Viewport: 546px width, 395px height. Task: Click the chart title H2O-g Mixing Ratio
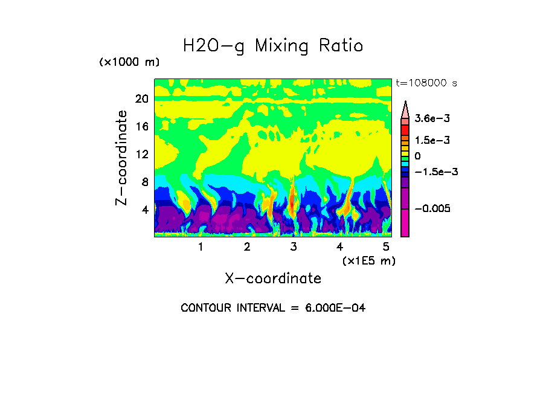(273, 46)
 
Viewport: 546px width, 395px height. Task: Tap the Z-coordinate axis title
(122, 158)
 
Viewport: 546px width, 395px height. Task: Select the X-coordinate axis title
(273, 278)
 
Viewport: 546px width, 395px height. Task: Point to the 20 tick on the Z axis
(141, 99)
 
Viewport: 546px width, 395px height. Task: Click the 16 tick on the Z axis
(141, 126)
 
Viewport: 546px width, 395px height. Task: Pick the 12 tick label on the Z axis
(141, 154)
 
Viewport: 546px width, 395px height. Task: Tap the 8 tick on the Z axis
(144, 182)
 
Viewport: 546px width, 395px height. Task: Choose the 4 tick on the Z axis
(144, 210)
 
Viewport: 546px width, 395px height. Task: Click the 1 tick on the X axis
(201, 246)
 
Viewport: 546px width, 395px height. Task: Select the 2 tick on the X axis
(247, 246)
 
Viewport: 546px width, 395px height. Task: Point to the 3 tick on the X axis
(294, 246)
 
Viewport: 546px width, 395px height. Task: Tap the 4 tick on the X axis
(340, 246)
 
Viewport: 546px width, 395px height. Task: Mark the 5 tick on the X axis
(386, 246)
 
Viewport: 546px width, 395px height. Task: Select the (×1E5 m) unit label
(368, 260)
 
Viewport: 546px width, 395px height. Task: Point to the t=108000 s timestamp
(426, 83)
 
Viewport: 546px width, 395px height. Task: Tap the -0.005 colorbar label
(434, 208)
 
